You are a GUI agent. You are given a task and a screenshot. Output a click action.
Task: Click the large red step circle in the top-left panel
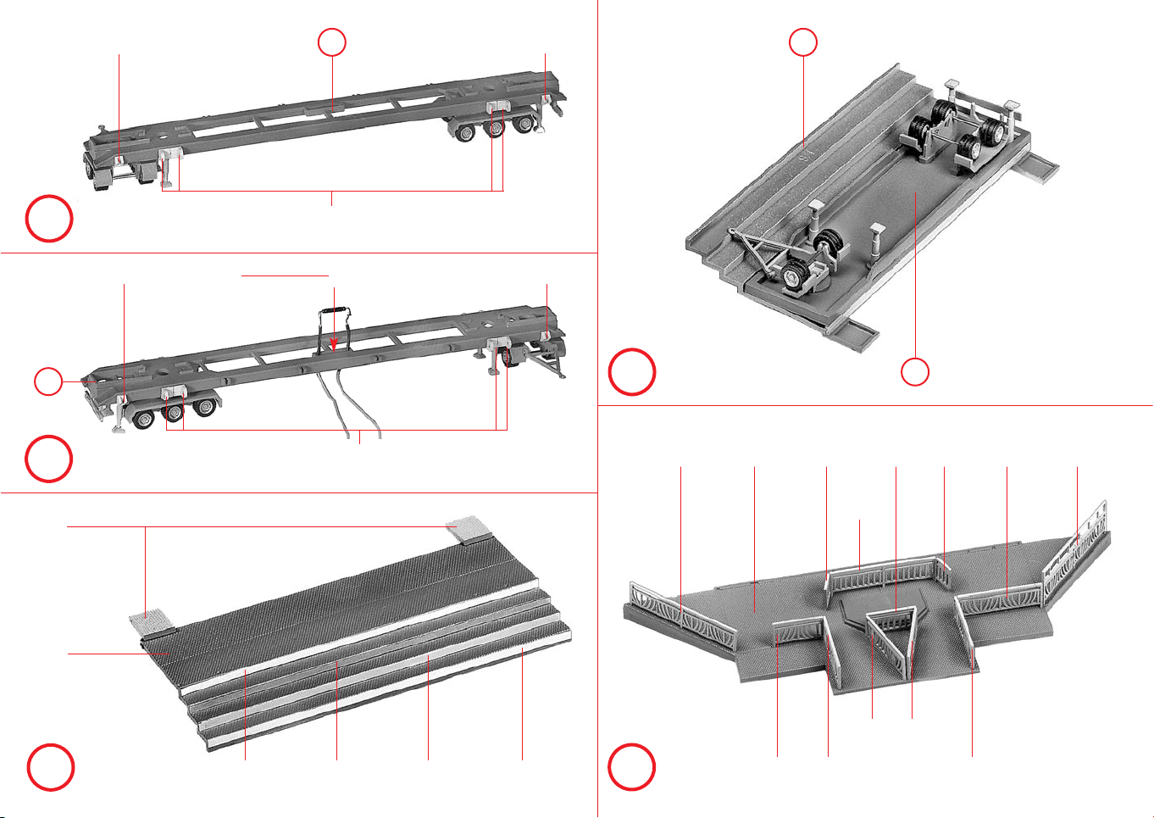click(x=49, y=219)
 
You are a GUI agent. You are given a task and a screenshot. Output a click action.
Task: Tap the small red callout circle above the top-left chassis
click(x=332, y=42)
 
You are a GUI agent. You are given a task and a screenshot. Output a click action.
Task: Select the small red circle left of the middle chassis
click(x=48, y=381)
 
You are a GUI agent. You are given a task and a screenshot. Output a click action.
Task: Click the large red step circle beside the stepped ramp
click(x=50, y=767)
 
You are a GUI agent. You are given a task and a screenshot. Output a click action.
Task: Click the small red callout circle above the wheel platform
click(x=803, y=42)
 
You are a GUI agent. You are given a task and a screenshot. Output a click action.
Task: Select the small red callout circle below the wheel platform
click(x=914, y=372)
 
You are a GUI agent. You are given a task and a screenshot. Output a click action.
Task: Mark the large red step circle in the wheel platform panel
click(x=631, y=371)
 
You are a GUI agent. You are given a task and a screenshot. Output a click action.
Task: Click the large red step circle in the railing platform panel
click(x=631, y=767)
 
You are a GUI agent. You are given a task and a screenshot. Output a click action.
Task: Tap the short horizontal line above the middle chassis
click(x=285, y=275)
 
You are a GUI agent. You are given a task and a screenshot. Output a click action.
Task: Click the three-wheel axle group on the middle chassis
click(x=171, y=412)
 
